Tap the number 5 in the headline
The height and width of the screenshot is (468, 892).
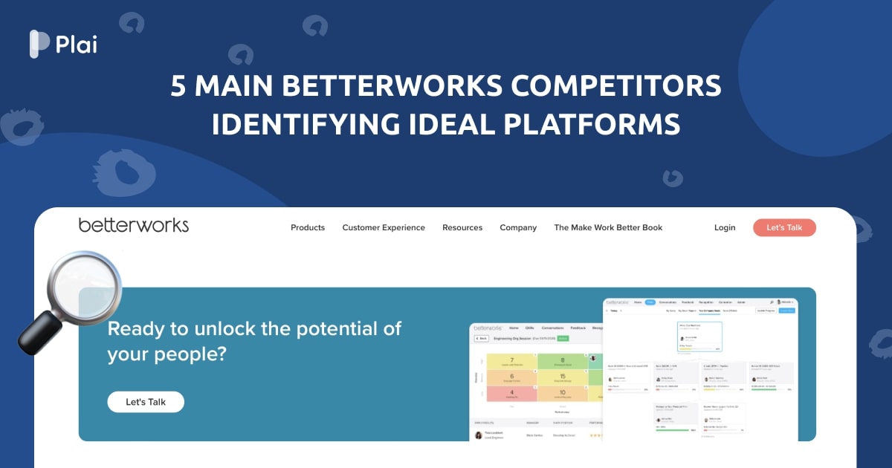[178, 87]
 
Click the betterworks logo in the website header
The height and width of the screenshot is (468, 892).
[134, 225]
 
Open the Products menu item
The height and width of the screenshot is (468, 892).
[308, 227]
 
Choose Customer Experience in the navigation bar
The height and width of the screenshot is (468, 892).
[384, 227]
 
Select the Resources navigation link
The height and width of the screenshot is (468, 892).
[462, 227]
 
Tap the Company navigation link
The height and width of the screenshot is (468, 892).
[518, 227]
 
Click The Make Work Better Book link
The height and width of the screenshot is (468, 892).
[608, 227]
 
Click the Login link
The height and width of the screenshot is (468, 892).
[725, 227]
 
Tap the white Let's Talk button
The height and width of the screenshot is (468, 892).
[146, 402]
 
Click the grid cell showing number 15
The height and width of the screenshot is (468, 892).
[562, 377]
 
